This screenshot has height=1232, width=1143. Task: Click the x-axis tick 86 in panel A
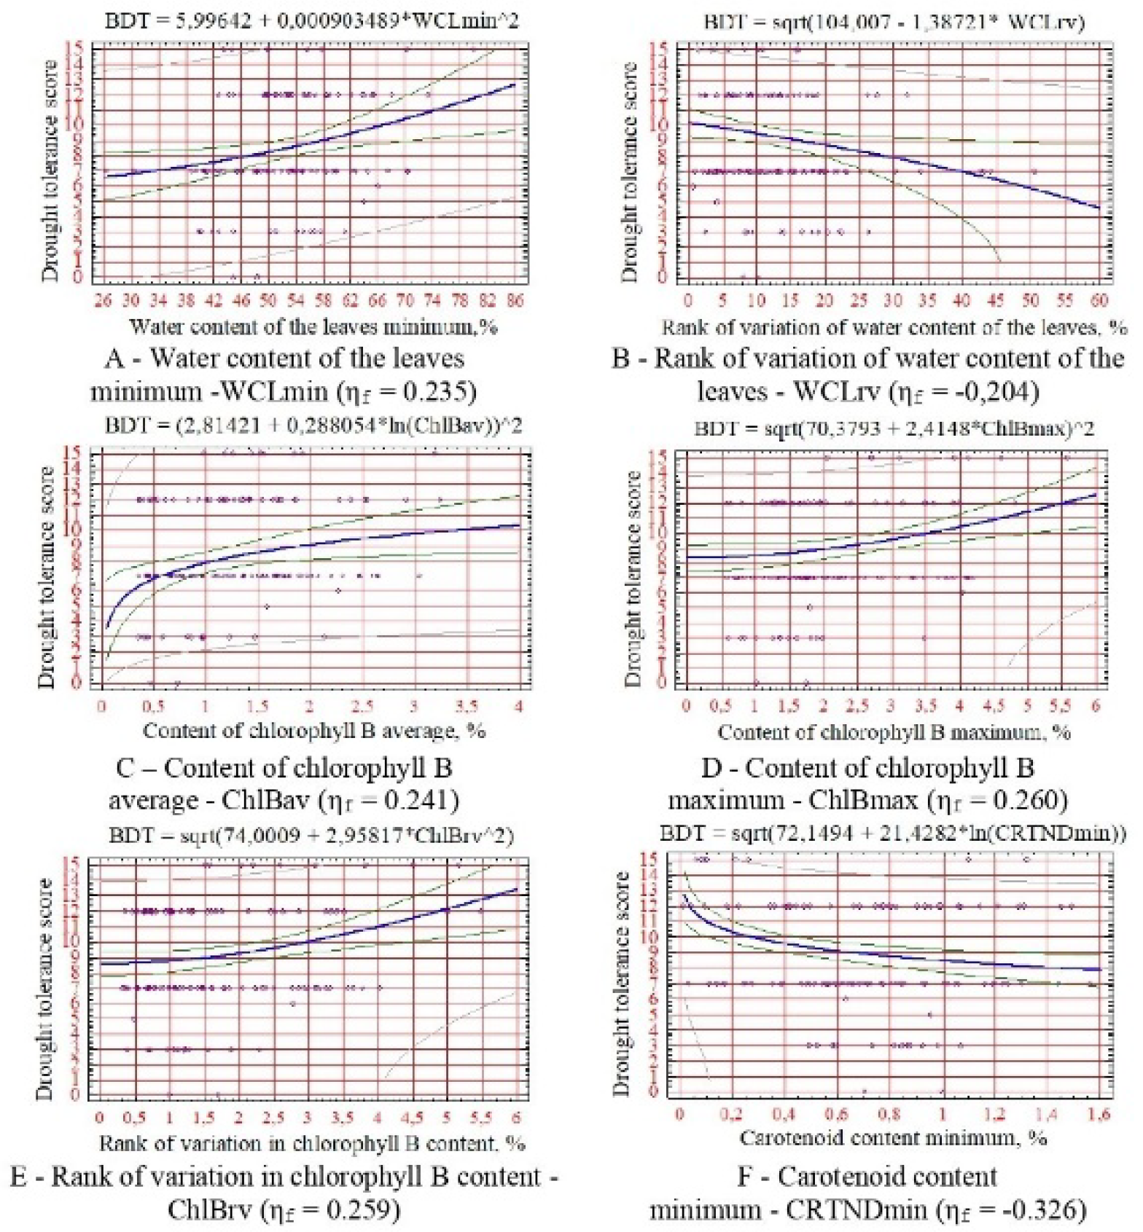tap(515, 301)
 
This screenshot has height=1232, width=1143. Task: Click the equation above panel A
tap(312, 20)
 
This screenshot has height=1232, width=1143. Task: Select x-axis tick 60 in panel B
tap(1099, 301)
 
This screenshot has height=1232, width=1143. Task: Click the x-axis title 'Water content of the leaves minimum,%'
tap(313, 326)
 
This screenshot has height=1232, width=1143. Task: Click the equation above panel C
tap(313, 425)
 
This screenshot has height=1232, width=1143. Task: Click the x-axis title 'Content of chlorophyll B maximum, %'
tap(894, 731)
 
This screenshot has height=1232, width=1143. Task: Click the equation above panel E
tap(312, 835)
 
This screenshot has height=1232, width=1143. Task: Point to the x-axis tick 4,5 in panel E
tap(411, 1118)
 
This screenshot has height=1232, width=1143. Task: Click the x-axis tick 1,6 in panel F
tap(1099, 1114)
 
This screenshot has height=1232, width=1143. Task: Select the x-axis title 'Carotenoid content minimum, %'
tap(894, 1138)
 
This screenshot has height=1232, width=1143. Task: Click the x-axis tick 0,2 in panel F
tap(731, 1114)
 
